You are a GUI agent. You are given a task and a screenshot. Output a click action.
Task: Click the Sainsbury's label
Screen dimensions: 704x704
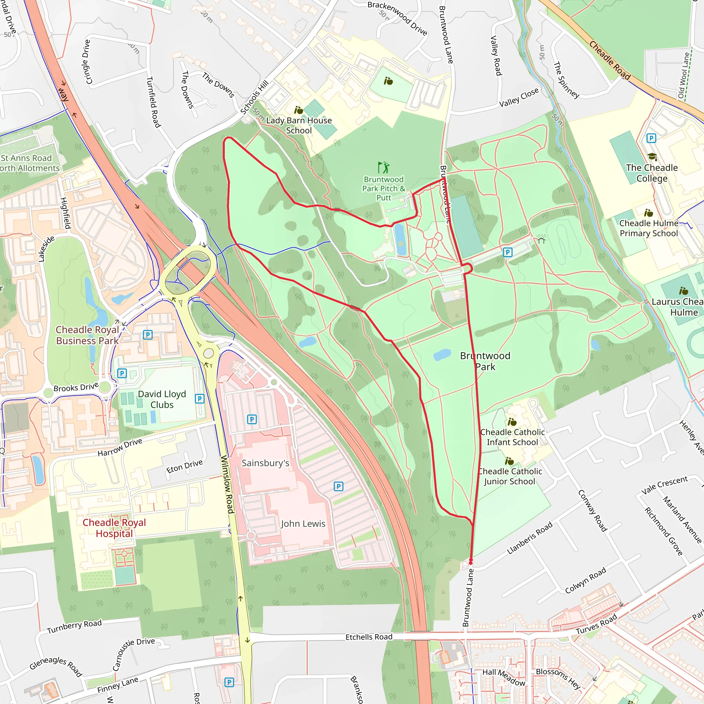[x=265, y=463]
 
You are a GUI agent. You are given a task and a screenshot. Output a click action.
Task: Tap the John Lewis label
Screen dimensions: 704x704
[x=303, y=524]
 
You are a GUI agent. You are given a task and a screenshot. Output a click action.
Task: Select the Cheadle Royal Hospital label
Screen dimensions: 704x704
[x=114, y=528]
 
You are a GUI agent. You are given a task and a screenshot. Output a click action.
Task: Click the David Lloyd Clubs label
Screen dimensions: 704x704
[x=162, y=399]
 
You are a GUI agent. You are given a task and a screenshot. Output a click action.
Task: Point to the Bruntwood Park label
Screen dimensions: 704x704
[x=485, y=361]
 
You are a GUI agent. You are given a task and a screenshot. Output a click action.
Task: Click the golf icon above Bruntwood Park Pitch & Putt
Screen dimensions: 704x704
[x=383, y=167]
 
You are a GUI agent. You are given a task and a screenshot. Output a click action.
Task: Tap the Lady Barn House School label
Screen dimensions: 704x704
[x=299, y=125]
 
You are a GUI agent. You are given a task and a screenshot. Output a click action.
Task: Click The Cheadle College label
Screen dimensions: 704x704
[x=651, y=173]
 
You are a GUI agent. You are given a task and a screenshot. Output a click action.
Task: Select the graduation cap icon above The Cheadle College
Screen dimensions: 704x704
[x=652, y=157]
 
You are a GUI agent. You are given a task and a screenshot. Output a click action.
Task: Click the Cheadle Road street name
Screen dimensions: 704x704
[x=609, y=60]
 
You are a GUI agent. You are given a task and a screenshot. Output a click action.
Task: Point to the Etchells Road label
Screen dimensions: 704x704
[x=369, y=637]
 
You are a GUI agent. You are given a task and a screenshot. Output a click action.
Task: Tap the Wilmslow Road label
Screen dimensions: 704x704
[x=227, y=484]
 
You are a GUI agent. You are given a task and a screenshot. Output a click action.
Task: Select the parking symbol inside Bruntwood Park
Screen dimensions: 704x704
[x=507, y=252]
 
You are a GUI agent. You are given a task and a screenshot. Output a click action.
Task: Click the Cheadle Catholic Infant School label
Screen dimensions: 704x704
[x=512, y=437]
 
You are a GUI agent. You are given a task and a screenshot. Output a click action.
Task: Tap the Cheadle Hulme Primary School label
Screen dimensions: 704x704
[x=649, y=228]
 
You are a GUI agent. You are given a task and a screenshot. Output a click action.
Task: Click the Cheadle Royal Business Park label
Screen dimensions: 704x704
[x=87, y=335]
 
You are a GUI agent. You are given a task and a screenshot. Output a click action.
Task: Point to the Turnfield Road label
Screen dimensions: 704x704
[x=153, y=102]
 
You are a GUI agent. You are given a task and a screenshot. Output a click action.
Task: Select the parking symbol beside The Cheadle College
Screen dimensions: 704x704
[x=651, y=138]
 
